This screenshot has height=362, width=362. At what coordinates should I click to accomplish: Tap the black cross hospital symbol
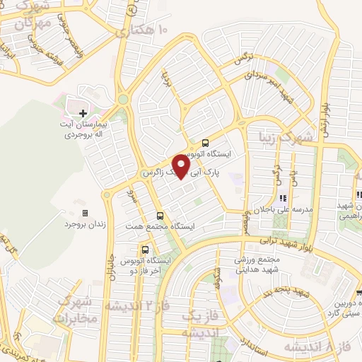[x=83, y=113]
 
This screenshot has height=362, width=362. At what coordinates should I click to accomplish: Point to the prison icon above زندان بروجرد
[x=85, y=213]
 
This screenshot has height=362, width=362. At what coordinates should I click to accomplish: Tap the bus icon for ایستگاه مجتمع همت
[x=160, y=216]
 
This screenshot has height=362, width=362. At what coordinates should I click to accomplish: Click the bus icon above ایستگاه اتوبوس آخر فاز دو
[x=145, y=250]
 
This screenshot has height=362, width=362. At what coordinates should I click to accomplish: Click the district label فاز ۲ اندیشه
[x=132, y=305]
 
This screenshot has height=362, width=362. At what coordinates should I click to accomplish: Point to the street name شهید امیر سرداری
[x=268, y=85]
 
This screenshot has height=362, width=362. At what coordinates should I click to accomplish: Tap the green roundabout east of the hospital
[x=124, y=100]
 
